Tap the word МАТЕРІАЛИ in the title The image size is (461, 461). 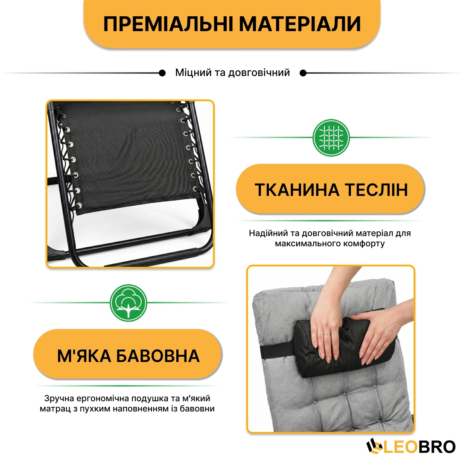click(300, 24)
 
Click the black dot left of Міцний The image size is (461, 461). click(162, 73)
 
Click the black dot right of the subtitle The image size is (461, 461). click(303, 73)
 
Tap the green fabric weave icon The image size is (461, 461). click(331, 137)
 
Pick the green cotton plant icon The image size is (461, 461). click(128, 303)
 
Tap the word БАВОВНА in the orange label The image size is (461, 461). click(158, 356)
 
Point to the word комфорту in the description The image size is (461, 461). click(363, 244)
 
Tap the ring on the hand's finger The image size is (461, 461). click(327, 334)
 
